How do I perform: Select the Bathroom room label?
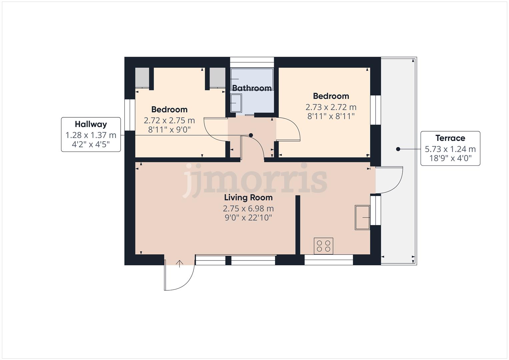pyautogui.click(x=252, y=88)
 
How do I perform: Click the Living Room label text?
pyautogui.click(x=248, y=198)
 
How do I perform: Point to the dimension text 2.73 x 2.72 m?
pyautogui.click(x=331, y=107)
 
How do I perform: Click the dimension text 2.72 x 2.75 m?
pyautogui.click(x=169, y=120)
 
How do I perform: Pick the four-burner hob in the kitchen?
pyautogui.click(x=323, y=246)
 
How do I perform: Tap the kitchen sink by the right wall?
pyautogui.click(x=362, y=217)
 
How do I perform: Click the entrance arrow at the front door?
pyautogui.click(x=180, y=263)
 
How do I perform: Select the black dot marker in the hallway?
pyautogui.click(x=251, y=135)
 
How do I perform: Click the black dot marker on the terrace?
pyautogui.click(x=398, y=149)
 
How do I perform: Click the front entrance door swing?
pyautogui.click(x=179, y=277)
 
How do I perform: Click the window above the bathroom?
pyautogui.click(x=252, y=60)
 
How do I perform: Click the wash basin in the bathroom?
pyautogui.click(x=236, y=103)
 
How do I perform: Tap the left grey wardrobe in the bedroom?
pyautogui.click(x=142, y=77)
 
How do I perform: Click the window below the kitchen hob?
pyautogui.click(x=329, y=260)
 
